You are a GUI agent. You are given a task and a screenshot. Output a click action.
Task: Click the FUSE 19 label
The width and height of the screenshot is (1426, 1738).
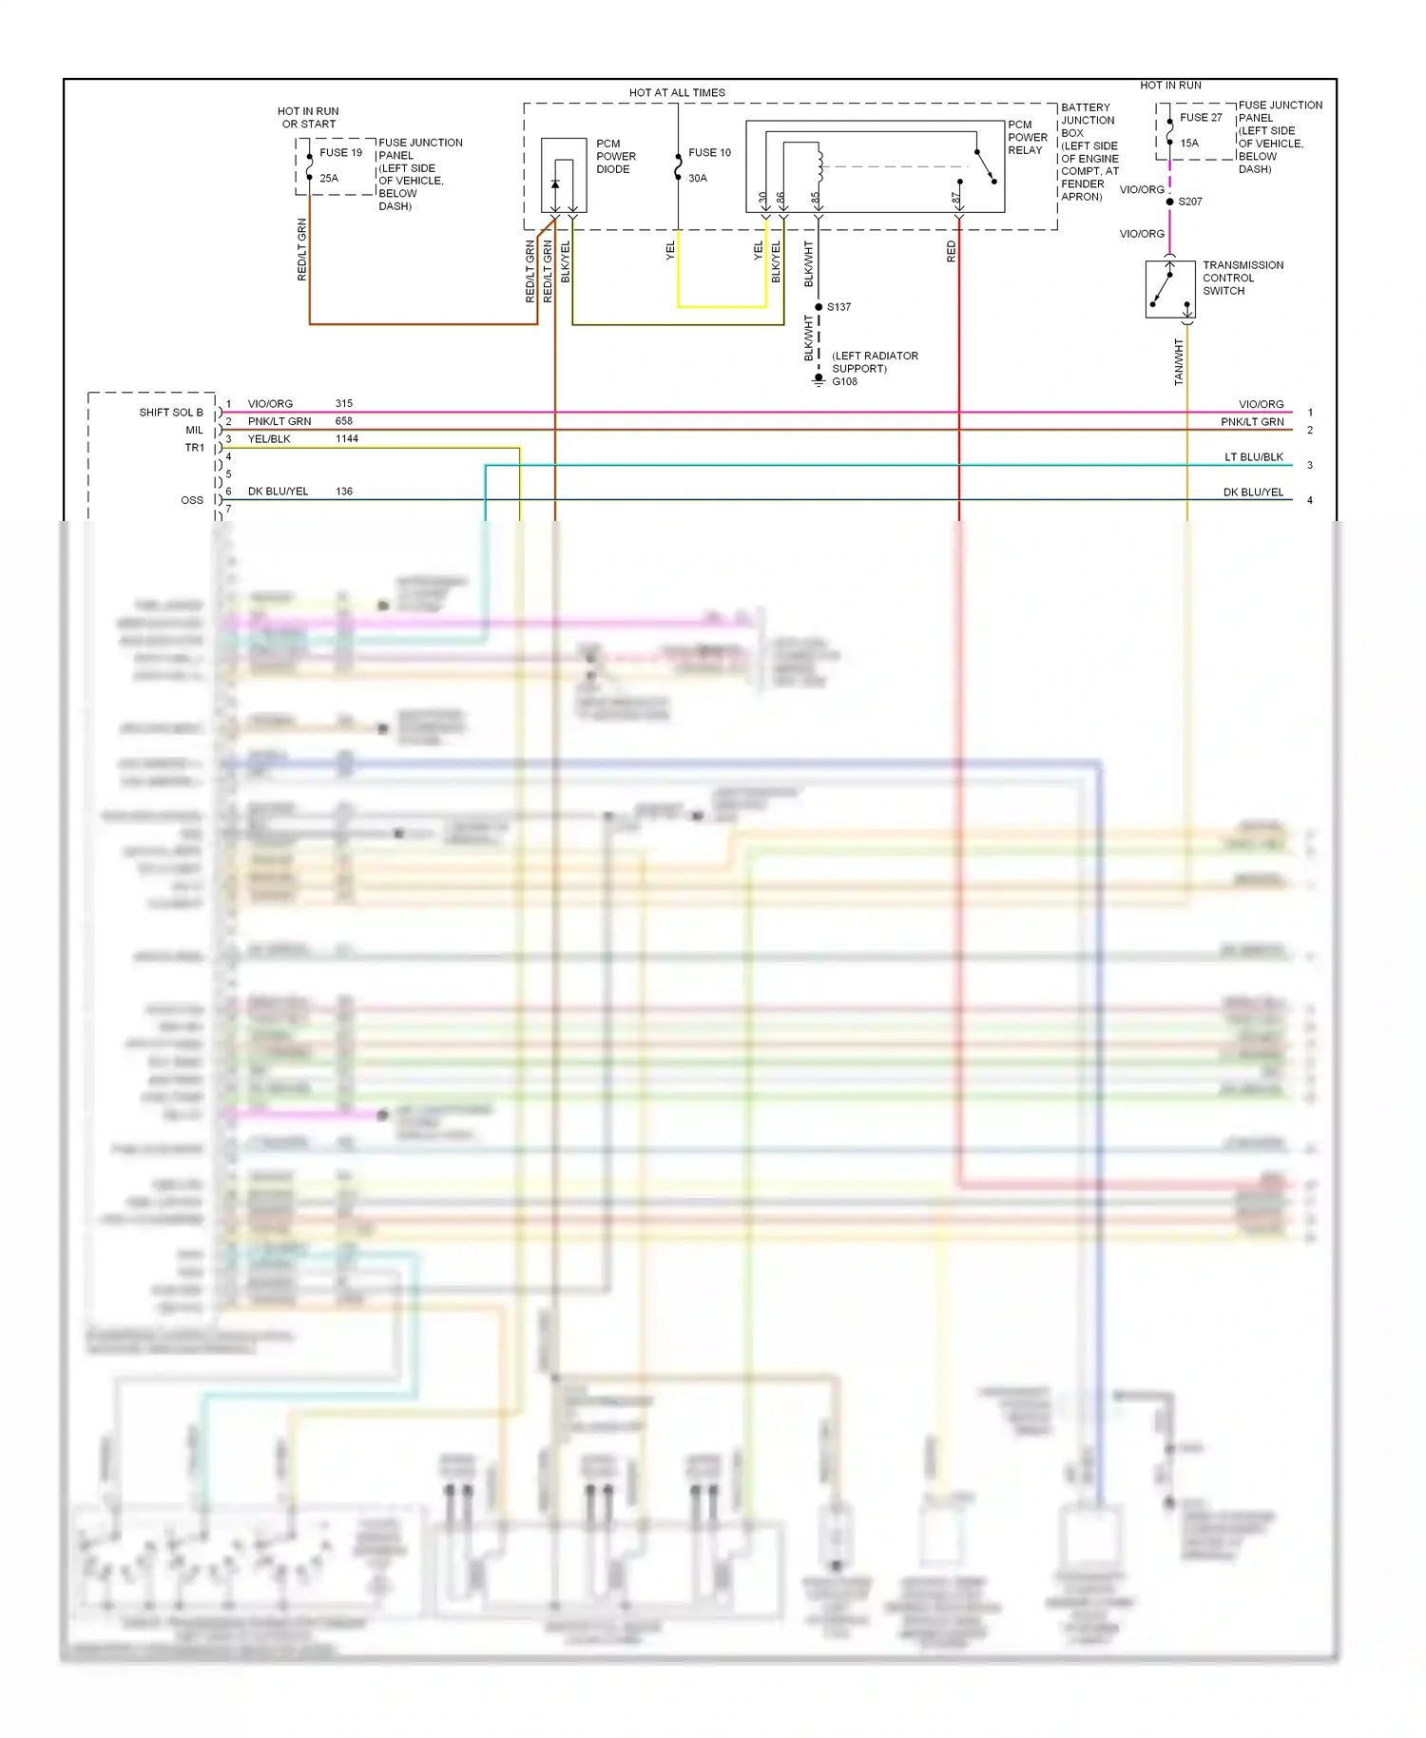click(340, 152)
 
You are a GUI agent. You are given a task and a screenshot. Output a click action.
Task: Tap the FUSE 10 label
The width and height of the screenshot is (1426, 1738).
click(709, 152)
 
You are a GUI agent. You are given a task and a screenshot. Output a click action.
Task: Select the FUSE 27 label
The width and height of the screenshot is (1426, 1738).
click(1201, 118)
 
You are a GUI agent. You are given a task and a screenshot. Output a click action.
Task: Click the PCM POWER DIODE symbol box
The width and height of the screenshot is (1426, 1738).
click(564, 176)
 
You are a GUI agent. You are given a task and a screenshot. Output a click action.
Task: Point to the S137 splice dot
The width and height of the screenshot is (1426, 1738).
click(819, 307)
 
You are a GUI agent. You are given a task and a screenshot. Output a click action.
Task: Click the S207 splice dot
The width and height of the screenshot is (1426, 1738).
click(1169, 202)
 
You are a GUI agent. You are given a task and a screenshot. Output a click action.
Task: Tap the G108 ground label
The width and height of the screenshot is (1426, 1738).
click(844, 382)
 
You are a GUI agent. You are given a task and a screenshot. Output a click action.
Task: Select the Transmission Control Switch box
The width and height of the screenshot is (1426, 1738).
click(1170, 289)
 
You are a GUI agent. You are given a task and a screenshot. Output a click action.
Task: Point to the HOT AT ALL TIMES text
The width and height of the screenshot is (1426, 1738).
click(677, 93)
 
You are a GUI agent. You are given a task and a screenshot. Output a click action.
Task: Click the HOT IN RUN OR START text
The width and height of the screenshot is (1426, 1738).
click(308, 118)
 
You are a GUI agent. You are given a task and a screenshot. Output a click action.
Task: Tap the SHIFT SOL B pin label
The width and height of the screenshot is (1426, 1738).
click(171, 413)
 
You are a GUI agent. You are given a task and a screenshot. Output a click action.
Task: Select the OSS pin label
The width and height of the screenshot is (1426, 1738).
click(192, 500)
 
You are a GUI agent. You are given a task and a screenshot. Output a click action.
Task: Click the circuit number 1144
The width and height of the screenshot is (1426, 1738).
click(347, 439)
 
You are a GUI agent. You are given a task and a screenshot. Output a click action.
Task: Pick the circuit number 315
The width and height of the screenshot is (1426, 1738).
click(344, 404)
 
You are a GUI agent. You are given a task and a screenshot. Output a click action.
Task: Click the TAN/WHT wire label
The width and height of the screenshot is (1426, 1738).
click(1179, 362)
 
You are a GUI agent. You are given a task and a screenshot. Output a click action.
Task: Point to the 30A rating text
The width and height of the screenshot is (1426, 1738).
click(698, 179)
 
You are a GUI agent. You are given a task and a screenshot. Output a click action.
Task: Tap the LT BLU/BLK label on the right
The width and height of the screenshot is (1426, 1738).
click(1253, 457)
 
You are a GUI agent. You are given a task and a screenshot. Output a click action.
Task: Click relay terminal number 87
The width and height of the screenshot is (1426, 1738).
click(955, 199)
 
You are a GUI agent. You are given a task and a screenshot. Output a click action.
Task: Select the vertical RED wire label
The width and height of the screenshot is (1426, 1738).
click(951, 252)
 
